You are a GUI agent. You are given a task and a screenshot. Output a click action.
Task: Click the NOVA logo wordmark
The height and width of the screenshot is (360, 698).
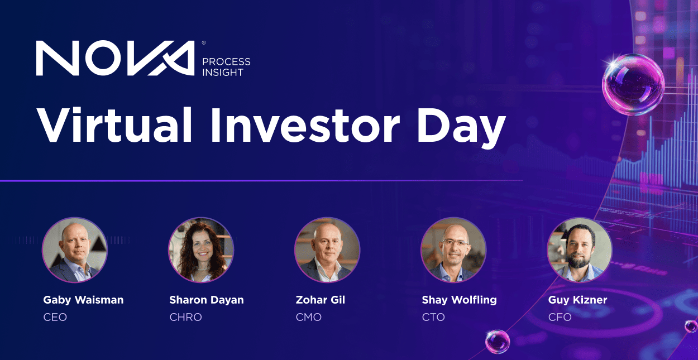point(115,58)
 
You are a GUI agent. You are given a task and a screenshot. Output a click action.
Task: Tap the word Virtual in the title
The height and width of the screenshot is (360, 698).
point(114,125)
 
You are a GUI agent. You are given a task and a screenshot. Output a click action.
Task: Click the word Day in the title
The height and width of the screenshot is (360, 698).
point(461,128)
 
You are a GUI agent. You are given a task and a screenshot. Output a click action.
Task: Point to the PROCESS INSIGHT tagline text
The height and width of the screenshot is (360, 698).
point(226,67)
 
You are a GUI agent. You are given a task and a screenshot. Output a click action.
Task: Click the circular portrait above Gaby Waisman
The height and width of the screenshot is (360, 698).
point(75,249)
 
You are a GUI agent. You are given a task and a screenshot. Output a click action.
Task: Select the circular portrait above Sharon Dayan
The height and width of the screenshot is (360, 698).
point(201,249)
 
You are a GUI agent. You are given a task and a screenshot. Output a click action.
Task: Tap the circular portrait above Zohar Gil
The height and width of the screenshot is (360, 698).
point(327,249)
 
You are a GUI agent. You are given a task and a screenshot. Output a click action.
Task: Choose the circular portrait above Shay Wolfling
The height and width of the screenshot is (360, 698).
point(453,249)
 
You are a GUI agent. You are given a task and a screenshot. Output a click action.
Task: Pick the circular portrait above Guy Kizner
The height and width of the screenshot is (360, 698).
point(580,249)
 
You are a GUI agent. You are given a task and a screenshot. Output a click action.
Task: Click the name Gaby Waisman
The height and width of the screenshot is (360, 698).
point(83,300)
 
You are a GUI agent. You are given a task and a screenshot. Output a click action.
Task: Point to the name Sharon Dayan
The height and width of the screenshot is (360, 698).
point(207,300)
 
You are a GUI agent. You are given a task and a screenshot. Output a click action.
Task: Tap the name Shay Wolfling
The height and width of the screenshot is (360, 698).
point(460,300)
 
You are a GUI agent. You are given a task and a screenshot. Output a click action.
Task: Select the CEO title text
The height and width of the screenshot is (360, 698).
point(55,317)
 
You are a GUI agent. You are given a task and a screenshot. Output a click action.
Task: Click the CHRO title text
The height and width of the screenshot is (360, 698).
point(186,317)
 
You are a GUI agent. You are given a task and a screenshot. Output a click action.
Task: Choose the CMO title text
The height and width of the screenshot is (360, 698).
point(308,317)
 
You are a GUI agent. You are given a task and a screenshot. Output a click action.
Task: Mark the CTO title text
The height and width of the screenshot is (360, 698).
point(433,317)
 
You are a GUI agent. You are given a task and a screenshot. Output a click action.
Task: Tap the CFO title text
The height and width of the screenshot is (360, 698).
point(560,317)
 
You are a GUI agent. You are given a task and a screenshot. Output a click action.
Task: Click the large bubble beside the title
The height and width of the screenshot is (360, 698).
point(633,84)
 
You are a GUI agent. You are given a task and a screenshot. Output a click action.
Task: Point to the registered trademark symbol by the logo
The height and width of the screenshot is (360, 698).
point(204,42)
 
